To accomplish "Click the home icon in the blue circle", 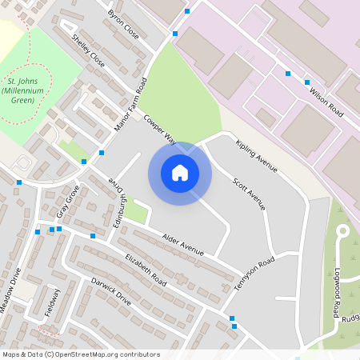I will coord(180,173).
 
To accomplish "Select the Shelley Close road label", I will coord(88,50).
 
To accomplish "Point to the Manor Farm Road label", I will coord(133,105).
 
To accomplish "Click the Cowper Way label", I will coord(159,128).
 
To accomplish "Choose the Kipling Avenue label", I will coord(256,155).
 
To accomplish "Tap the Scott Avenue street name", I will coord(248,193).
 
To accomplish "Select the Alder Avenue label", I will coord(183,244).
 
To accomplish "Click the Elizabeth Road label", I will coord(145,270).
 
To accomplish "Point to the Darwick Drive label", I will coord(110,291).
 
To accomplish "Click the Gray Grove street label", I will coord(68,202).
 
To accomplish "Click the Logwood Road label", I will coord(339,290).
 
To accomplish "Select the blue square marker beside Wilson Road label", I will coord(307,82).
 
